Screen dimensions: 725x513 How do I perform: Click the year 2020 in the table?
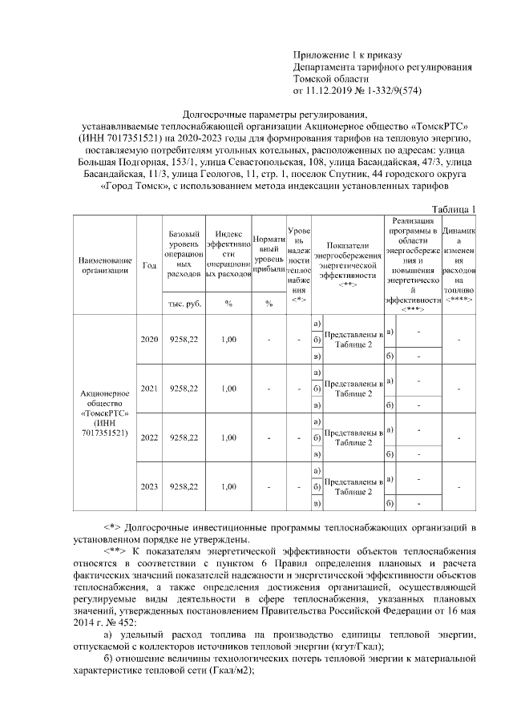[x=149, y=340]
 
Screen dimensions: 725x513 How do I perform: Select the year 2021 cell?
[x=149, y=389]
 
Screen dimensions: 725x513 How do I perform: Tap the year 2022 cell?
[x=149, y=438]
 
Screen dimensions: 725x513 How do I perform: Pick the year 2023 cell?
[x=149, y=486]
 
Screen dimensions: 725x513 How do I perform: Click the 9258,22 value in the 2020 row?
[x=184, y=340]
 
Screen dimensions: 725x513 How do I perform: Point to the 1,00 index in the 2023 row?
[x=228, y=486]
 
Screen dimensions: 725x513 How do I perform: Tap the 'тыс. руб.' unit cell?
[x=184, y=304]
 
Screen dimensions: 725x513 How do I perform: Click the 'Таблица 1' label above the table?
[x=454, y=209]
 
